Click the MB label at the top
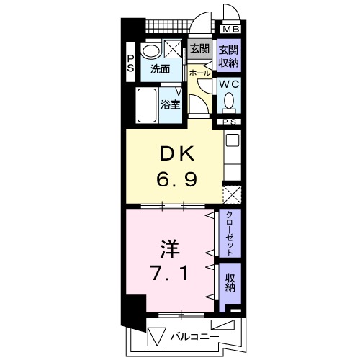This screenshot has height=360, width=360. pos(230,30)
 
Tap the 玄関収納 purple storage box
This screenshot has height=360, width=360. pos(229,55)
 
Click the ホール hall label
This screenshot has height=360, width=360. pos(199,73)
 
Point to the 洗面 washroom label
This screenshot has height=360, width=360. pos(160,70)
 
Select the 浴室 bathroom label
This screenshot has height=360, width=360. pos(170,104)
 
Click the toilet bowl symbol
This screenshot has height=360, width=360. pos(230,104)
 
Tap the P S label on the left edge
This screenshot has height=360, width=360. pos(131,63)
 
